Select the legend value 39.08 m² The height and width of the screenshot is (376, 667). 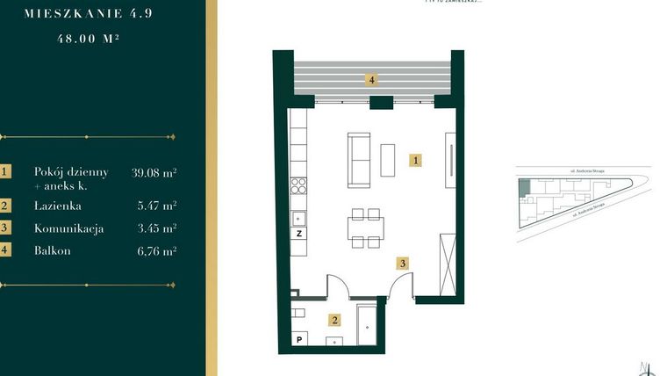click(x=154, y=172)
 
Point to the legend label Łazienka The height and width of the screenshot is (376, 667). click(x=58, y=206)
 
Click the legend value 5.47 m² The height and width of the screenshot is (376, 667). click(x=158, y=206)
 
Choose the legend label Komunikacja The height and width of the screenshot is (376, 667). click(x=68, y=228)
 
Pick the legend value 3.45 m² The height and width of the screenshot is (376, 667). click(x=158, y=228)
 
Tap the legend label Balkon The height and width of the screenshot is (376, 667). click(x=52, y=250)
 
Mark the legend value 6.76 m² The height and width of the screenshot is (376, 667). click(x=158, y=250)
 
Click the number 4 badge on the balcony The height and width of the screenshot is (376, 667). click(x=372, y=79)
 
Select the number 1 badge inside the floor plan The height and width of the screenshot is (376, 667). click(x=417, y=160)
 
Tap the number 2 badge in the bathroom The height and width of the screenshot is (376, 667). click(x=333, y=320)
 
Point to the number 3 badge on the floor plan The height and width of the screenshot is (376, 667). click(x=401, y=262)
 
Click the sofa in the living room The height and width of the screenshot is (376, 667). click(x=359, y=159)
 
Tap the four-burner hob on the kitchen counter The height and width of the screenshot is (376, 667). click(x=299, y=184)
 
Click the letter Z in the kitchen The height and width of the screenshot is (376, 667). click(x=299, y=234)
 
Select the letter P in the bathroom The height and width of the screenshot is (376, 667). click(x=299, y=340)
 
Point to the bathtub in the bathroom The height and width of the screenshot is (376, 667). click(x=367, y=326)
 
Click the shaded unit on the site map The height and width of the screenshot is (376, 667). click(x=524, y=187)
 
